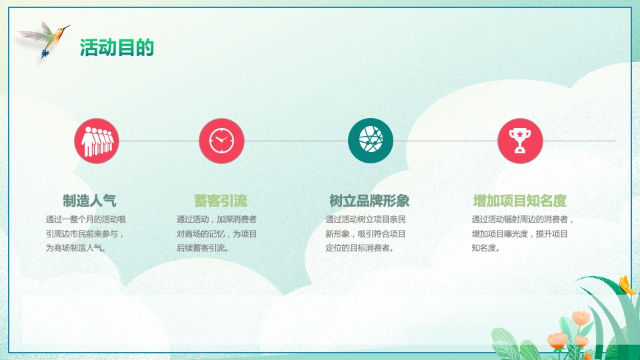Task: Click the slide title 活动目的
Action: click(x=117, y=47)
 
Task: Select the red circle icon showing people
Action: click(x=96, y=141)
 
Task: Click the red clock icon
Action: click(x=221, y=141)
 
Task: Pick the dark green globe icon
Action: click(x=371, y=141)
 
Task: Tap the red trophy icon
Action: click(x=520, y=141)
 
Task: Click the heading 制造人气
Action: click(x=89, y=201)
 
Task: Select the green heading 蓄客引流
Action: click(x=221, y=201)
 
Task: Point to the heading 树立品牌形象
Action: click(x=369, y=201)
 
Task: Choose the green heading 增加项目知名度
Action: click(x=520, y=201)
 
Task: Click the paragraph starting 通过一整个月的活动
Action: click(x=86, y=233)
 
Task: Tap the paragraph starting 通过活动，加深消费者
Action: click(x=217, y=233)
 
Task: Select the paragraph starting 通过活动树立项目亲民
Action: click(x=365, y=233)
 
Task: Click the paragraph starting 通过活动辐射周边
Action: click(x=523, y=233)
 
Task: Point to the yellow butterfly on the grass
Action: click(x=626, y=285)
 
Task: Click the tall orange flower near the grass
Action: click(x=580, y=318)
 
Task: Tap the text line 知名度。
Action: click(x=486, y=249)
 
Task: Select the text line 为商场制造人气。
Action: click(x=76, y=248)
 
